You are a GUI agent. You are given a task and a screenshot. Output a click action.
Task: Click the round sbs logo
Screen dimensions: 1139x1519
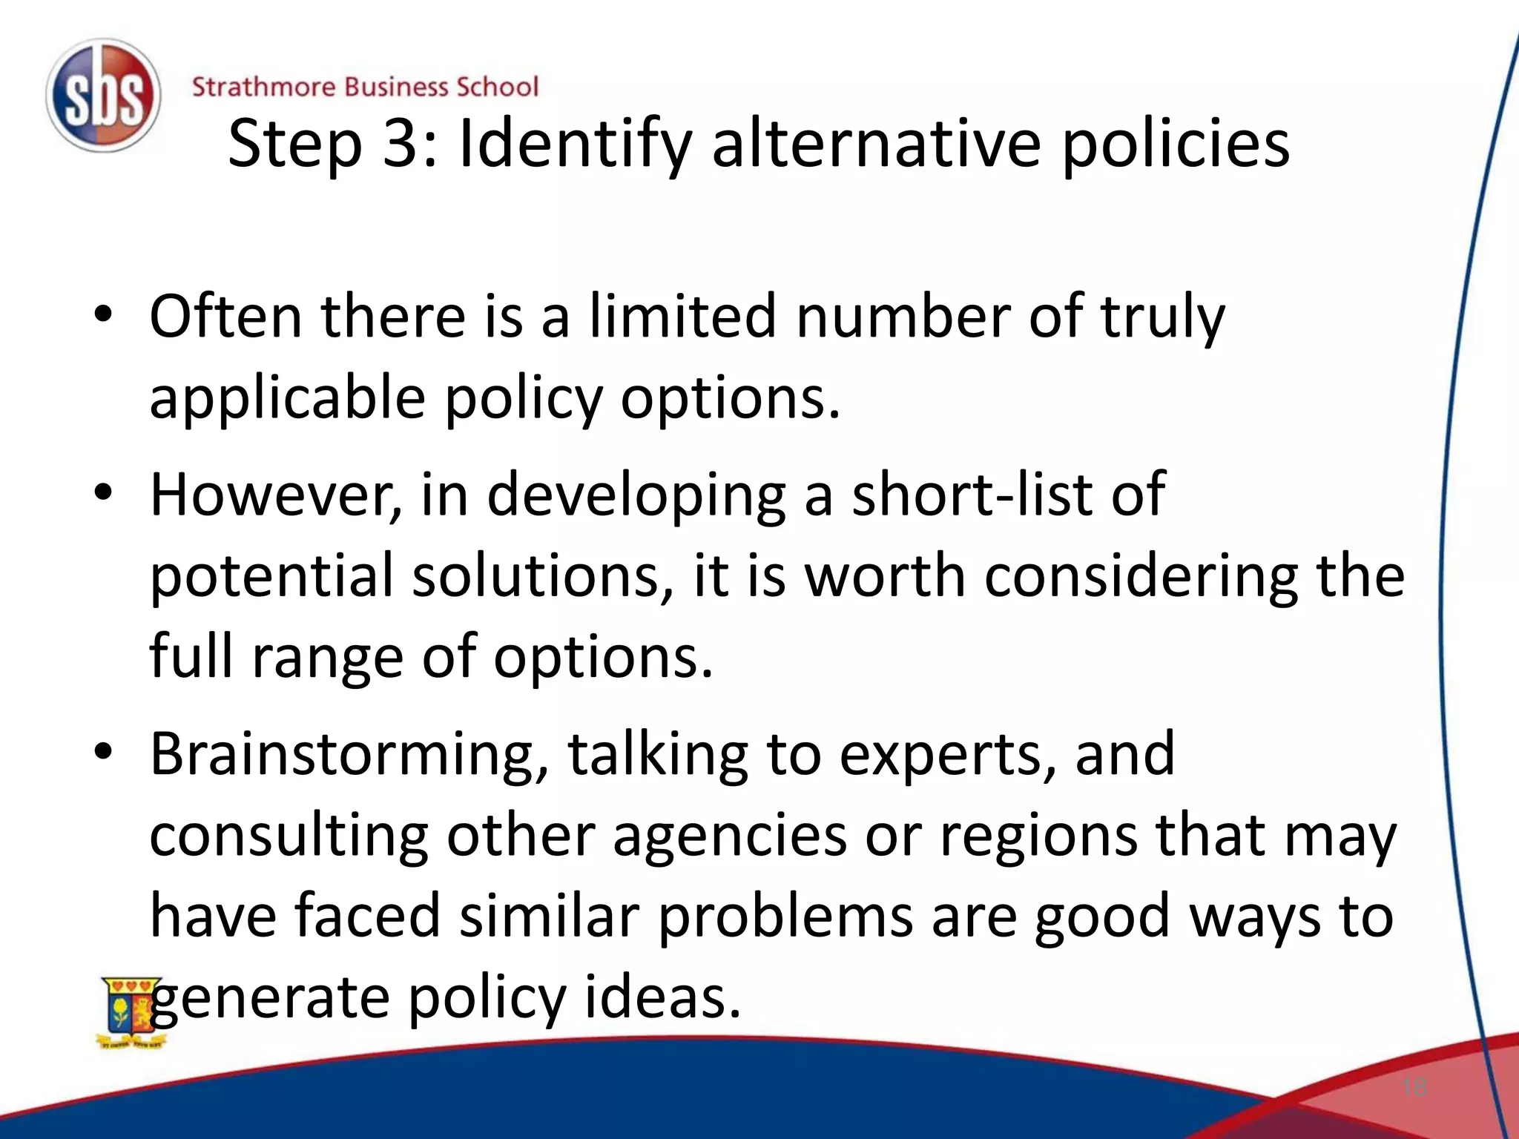102,96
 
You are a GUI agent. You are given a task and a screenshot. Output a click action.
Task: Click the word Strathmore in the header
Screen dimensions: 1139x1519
263,87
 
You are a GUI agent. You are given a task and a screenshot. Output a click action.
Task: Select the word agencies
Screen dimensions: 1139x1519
730,836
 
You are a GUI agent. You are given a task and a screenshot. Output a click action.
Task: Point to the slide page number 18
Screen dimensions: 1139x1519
1414,1088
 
